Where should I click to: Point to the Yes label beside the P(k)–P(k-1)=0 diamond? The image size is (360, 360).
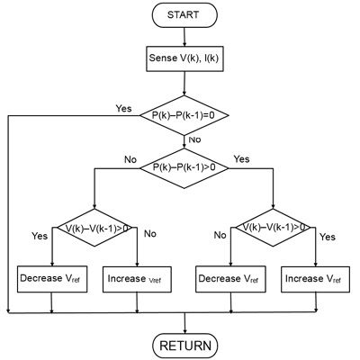point(123,108)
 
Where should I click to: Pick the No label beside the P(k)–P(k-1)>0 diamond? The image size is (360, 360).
point(130,159)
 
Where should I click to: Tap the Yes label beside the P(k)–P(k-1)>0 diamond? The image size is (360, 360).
point(241,159)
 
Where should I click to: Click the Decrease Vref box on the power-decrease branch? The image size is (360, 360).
point(53,277)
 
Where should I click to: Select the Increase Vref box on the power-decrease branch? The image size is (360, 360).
point(138,277)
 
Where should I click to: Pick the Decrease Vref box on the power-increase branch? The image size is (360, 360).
point(230,277)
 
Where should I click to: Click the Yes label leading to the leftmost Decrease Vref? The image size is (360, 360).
point(39,236)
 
